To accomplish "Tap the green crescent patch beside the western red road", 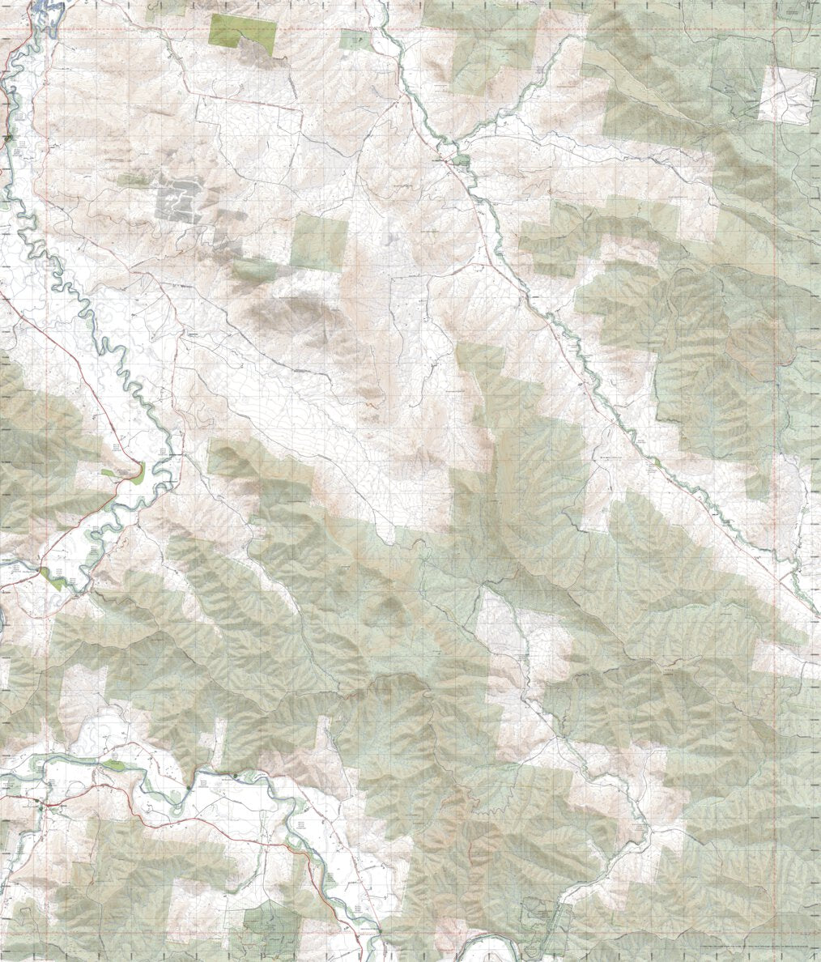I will coord(130,473).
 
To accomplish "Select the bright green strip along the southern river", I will coord(113,764).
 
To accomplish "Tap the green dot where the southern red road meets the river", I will coord(236,777).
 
